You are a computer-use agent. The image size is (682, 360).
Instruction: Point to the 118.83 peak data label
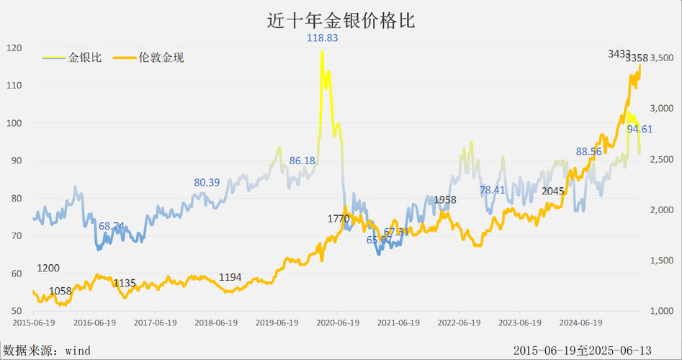coord(322,37)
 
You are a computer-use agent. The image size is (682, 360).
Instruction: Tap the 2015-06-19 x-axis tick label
coord(33,323)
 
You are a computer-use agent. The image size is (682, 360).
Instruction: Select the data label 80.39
coord(207,182)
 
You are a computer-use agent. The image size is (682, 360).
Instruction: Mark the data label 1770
coord(338,218)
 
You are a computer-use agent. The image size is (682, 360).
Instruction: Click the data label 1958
coord(444,199)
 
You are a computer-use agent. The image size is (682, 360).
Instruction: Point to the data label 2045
coord(552,191)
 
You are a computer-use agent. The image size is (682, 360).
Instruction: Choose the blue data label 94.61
coord(640,129)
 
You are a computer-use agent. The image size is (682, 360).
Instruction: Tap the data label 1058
coord(60,291)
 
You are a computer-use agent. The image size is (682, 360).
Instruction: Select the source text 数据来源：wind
coord(46,351)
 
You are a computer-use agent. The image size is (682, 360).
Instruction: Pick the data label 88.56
coord(588,151)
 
